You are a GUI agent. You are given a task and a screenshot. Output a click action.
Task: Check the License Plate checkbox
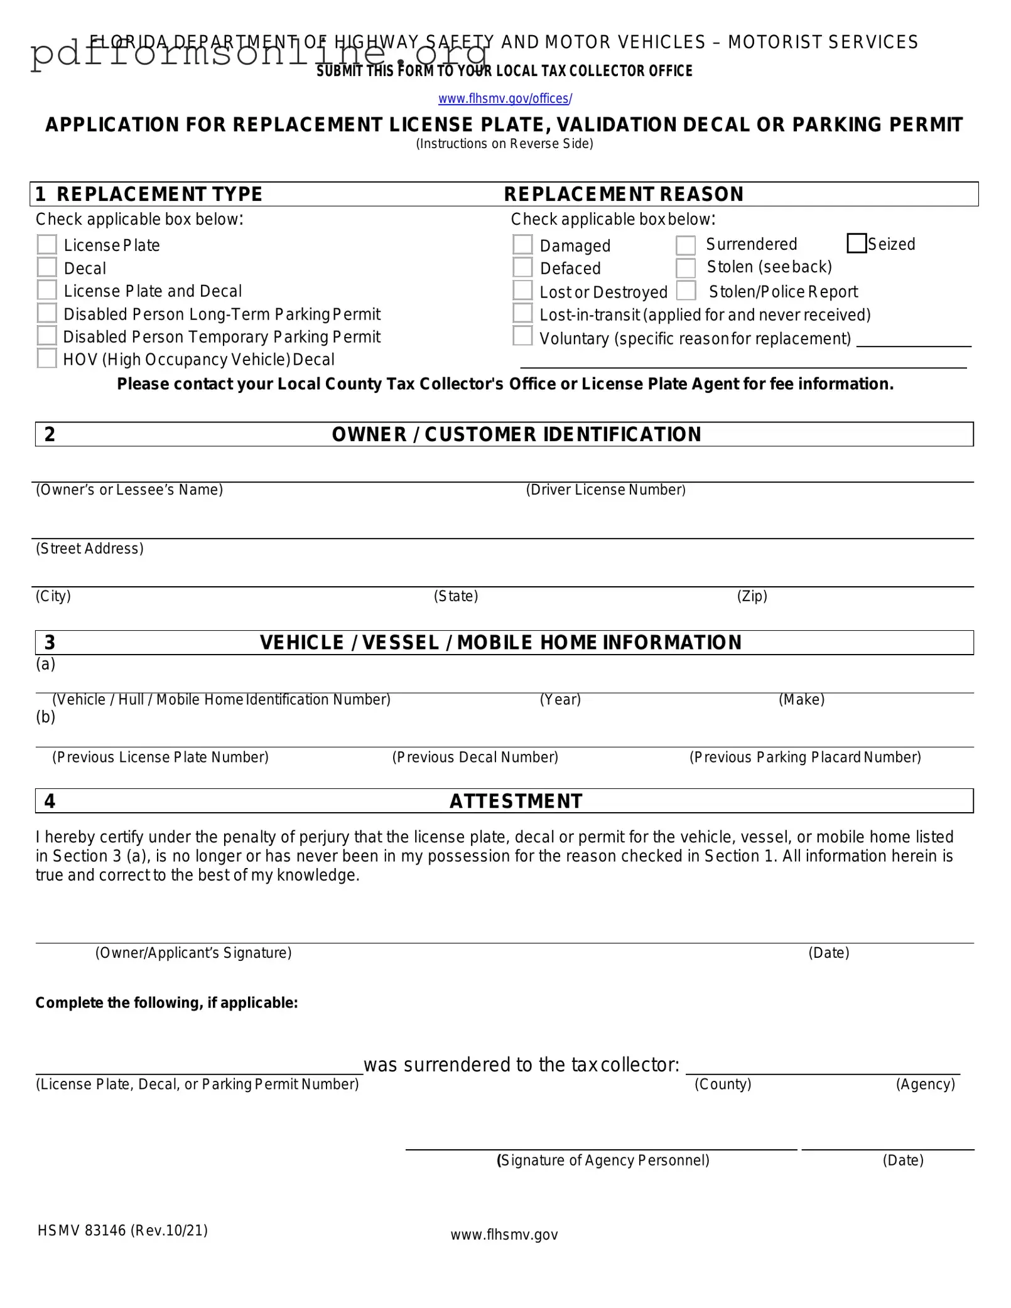(47, 245)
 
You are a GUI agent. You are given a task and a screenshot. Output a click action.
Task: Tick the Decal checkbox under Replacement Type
(47, 267)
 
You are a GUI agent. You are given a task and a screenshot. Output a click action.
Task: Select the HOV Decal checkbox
(47, 358)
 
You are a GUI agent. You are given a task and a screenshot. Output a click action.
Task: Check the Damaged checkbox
(522, 245)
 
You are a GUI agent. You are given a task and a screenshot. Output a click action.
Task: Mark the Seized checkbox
(857, 244)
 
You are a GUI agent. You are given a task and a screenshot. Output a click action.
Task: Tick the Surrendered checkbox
(686, 245)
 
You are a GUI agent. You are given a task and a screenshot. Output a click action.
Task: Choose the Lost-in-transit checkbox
(522, 313)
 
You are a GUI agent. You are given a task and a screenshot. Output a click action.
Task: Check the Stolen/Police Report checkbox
(686, 291)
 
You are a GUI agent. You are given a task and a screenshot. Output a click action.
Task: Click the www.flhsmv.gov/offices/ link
(505, 99)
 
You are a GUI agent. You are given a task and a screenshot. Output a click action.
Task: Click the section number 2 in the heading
(50, 434)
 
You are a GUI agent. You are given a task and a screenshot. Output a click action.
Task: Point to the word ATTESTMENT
(516, 801)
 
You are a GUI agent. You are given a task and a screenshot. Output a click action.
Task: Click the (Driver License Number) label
(605, 490)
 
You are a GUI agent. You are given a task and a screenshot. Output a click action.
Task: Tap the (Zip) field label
(752, 596)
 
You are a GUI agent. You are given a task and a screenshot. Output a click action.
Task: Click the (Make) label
(801, 700)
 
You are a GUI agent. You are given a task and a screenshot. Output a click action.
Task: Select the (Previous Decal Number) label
(475, 758)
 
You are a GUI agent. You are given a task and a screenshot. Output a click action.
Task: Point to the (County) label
(723, 1085)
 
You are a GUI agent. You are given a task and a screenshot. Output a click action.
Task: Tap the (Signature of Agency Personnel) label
(603, 1161)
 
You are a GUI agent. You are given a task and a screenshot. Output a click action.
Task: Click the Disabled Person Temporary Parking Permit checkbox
(47, 336)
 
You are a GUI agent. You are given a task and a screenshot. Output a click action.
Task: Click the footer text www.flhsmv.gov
(504, 1235)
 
